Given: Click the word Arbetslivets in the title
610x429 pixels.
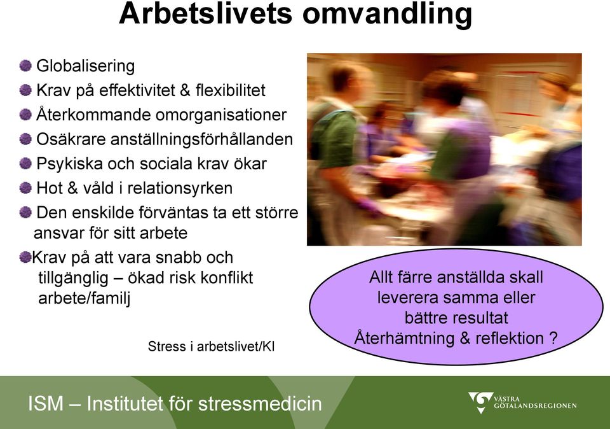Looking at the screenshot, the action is [x=205, y=13].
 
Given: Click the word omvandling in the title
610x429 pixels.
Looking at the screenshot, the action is [x=387, y=15].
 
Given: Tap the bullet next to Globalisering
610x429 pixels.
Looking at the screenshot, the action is [x=25, y=66].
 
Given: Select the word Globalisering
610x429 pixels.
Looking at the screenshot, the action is [x=86, y=66].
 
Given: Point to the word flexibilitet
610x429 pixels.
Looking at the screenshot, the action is [x=230, y=90].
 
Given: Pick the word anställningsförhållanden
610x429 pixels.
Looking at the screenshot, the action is [x=201, y=139].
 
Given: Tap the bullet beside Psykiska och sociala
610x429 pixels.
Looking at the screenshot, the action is [x=25, y=163].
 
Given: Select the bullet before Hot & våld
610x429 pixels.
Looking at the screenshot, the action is [x=25, y=188].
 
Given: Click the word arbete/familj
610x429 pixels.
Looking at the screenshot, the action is [x=84, y=299].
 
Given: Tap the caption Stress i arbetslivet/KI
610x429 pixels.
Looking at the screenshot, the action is [x=211, y=346].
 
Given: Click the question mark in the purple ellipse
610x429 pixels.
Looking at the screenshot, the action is [x=553, y=338].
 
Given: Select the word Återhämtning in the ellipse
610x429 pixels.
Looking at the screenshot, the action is [x=404, y=337].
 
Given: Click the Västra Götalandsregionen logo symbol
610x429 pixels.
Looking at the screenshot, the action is [x=481, y=402].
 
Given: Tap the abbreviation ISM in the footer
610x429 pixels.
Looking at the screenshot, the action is [x=46, y=404].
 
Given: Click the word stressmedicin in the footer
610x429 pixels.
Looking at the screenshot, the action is [x=260, y=404].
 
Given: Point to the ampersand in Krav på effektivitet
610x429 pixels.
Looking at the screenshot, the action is [x=185, y=90].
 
